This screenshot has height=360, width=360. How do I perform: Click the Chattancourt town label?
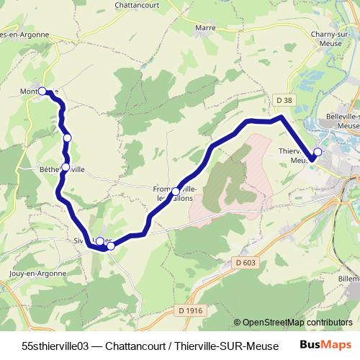point(141,4)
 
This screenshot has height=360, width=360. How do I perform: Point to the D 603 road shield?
point(245,263)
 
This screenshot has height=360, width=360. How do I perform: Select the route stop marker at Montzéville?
point(42,91)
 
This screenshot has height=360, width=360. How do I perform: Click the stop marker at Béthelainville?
point(66,167)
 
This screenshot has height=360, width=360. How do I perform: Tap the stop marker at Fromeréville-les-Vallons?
point(176,191)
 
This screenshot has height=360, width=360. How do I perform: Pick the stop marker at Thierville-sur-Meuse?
point(318,152)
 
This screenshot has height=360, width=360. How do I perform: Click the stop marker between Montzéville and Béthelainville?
point(67,138)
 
